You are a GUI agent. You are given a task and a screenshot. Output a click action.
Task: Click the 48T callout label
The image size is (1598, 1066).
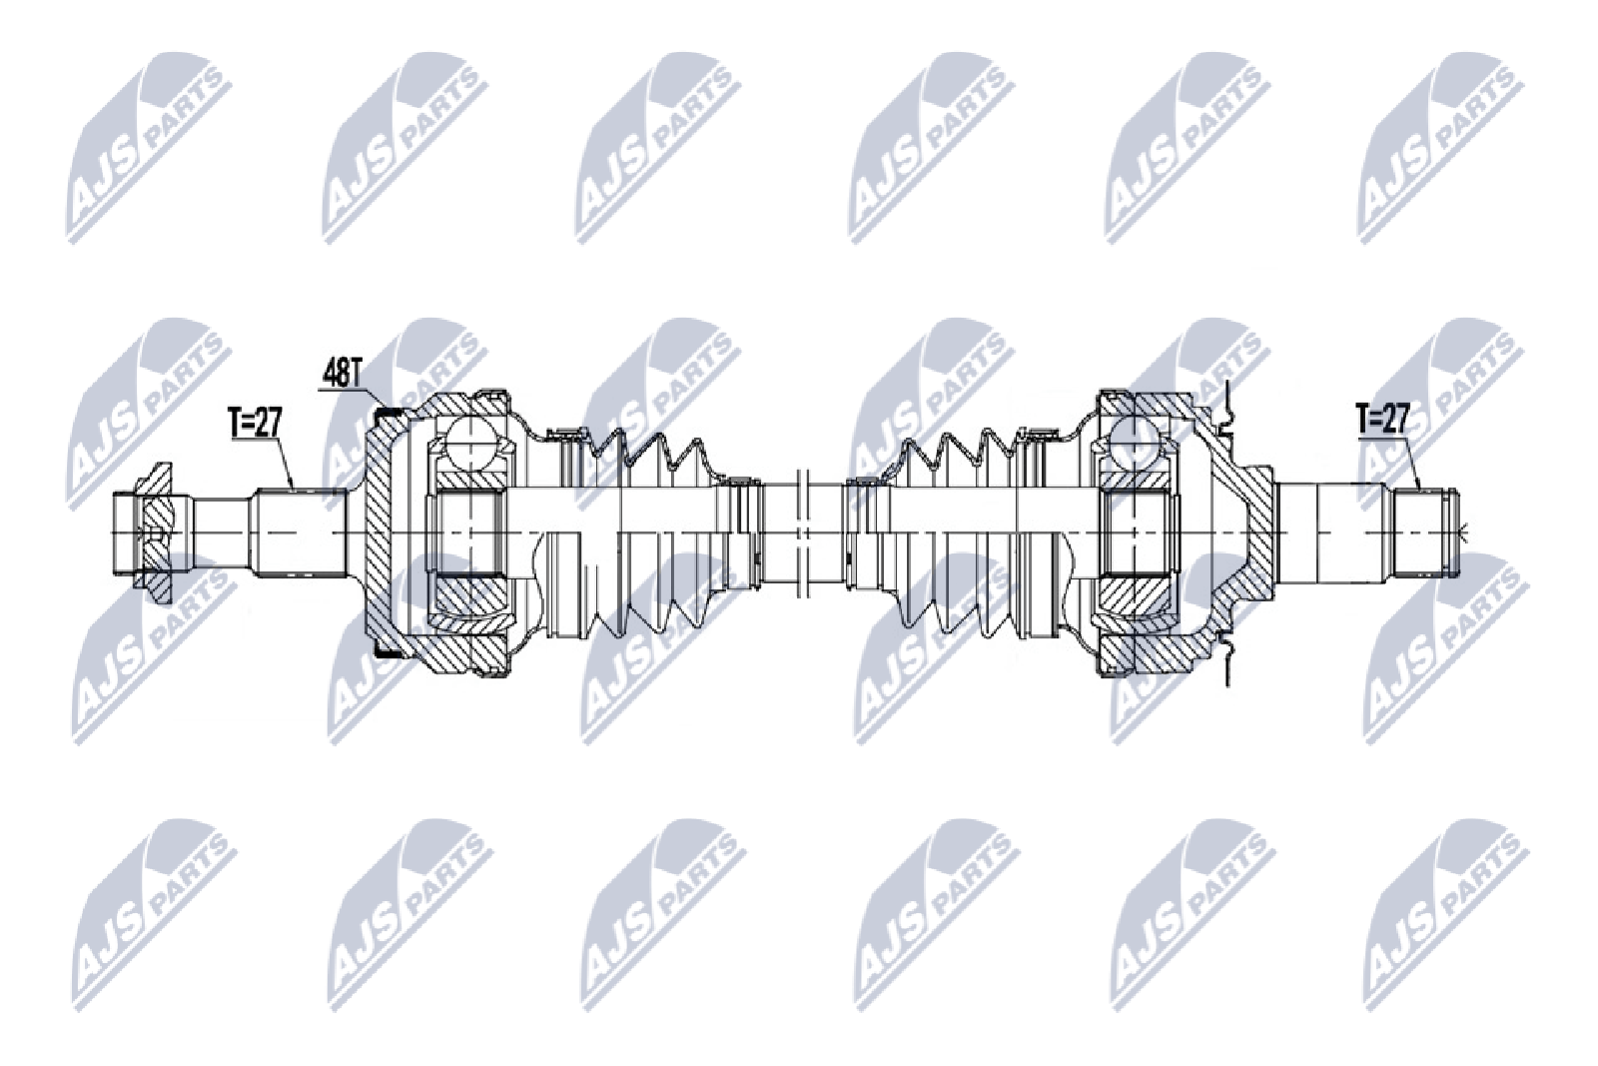[x=342, y=376]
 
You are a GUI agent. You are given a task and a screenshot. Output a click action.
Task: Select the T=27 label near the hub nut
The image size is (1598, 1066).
[x=256, y=421]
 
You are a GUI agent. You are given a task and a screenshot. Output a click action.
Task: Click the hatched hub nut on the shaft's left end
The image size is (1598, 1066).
[x=156, y=533]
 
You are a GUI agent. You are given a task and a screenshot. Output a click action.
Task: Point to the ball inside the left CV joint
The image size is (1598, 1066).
[x=470, y=443]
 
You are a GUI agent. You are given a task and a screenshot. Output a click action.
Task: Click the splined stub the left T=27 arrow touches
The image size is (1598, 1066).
[x=299, y=533]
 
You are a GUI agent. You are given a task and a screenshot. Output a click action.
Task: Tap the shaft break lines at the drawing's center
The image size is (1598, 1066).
[x=802, y=533]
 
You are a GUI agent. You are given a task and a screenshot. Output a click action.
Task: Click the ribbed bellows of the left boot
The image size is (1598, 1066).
[x=650, y=533]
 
